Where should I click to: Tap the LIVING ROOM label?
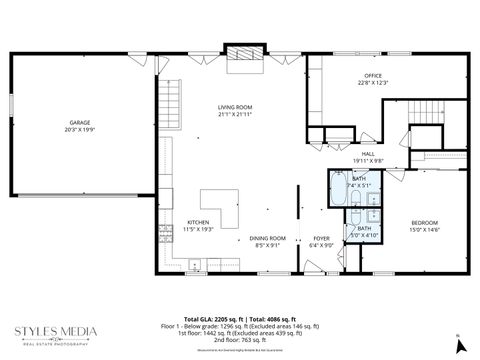click(235, 107)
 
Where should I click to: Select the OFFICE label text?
click(373, 75)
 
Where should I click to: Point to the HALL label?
click(368, 154)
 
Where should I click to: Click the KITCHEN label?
click(198, 222)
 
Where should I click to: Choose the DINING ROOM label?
click(268, 238)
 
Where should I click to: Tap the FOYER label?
click(321, 238)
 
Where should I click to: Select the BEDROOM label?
click(424, 222)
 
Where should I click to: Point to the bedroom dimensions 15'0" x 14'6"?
click(424, 229)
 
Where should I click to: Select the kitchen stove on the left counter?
click(193, 263)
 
